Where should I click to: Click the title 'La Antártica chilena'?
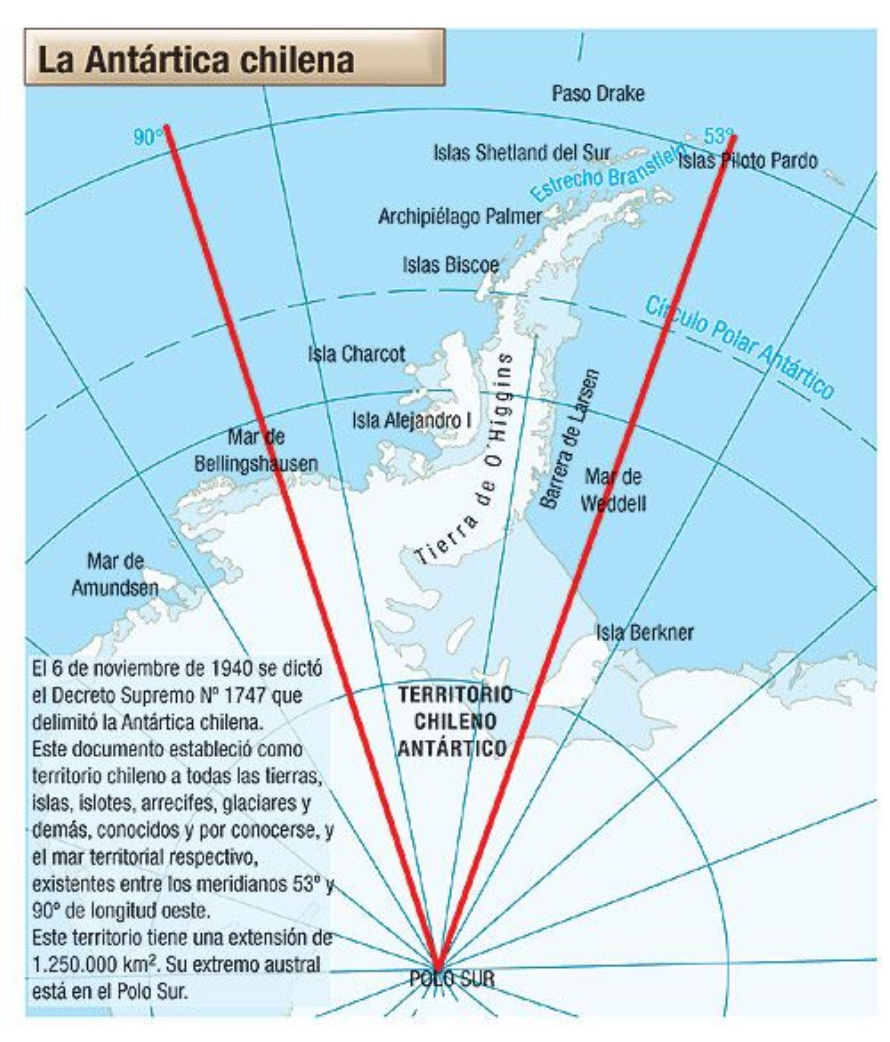coord(196,60)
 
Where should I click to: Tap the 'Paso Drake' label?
coord(597,93)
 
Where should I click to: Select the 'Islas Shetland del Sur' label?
coord(522,153)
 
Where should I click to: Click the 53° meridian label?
coord(718,137)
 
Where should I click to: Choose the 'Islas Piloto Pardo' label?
coord(748,160)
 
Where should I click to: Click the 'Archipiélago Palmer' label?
coord(460,216)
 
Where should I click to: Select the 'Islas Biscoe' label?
coord(450,265)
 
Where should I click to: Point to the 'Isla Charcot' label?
coord(356,354)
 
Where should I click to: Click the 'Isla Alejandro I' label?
coord(412,421)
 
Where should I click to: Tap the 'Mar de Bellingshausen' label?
coord(256,451)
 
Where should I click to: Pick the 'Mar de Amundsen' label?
coord(115,574)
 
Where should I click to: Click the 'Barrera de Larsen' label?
coord(570,439)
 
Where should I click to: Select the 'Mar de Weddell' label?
coord(613,490)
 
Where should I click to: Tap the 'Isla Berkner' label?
coord(644,632)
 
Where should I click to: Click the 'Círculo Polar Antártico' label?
coord(739,347)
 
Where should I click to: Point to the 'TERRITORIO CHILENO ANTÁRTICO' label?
coord(454,721)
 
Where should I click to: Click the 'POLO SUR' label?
coord(452,978)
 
